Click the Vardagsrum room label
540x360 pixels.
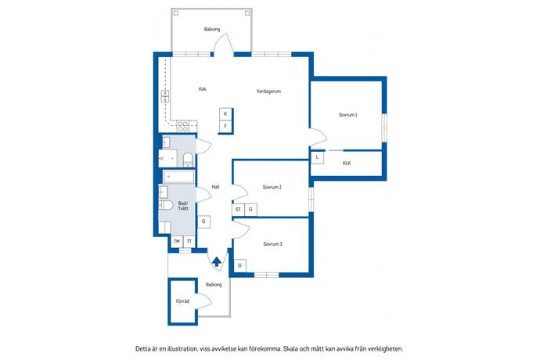coord(268,92)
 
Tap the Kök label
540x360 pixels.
coord(203,89)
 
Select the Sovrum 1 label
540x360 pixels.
coord(347,115)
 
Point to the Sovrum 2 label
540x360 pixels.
coord(272,187)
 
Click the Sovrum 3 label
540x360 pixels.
coord(273,244)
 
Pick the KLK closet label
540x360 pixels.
coord(347,163)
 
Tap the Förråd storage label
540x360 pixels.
coord(182,301)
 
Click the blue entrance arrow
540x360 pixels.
coord(216,262)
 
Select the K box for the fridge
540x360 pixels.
coord(225,114)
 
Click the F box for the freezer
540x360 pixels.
coord(225,126)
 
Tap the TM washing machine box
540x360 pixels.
coord(177,242)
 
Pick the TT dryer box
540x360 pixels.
coord(189,242)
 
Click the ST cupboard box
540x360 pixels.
coord(238,210)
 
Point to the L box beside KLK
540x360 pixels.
coord(317,158)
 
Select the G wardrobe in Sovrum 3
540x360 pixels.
coord(240,265)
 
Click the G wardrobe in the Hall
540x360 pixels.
coord(203,221)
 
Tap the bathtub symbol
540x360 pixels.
coord(178,177)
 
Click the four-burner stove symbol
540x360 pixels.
coord(183,127)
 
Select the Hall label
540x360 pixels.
coord(215,187)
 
